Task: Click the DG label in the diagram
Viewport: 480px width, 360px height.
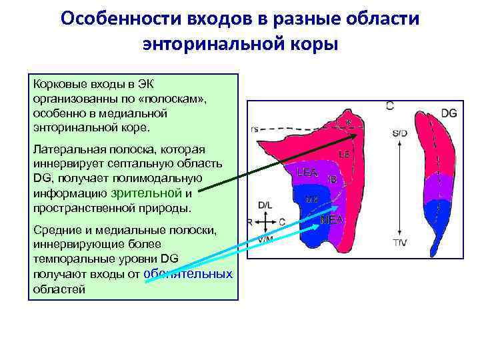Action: tap(449, 113)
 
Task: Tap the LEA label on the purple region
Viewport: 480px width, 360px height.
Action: tap(307, 173)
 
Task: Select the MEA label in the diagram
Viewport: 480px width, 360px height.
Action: tap(332, 219)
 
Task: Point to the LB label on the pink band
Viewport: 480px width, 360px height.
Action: tap(344, 154)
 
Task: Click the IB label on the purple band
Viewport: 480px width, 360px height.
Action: tap(332, 179)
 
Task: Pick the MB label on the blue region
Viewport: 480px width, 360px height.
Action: tap(311, 199)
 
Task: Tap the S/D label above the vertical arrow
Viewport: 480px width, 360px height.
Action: tap(399, 133)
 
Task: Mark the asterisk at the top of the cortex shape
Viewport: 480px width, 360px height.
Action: tap(347, 121)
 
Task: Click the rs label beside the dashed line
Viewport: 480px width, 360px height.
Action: tap(255, 129)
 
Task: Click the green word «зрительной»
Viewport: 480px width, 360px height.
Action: tap(146, 193)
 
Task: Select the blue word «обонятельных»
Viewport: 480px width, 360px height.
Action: tap(188, 274)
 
